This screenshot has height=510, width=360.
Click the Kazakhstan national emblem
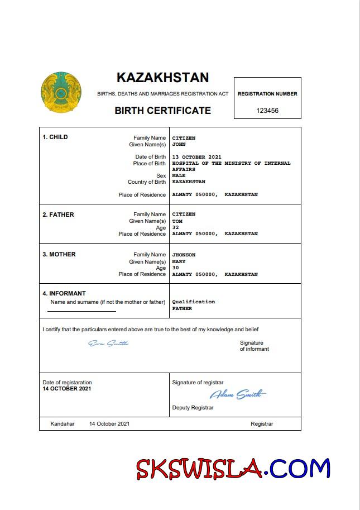coord(60,92)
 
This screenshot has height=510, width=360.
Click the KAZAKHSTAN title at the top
coord(162,77)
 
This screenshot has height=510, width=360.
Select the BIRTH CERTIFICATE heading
coord(162,111)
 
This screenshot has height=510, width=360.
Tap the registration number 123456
coord(267,111)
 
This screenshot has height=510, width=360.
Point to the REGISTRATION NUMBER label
coord(267,94)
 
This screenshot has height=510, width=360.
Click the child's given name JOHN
coord(179,144)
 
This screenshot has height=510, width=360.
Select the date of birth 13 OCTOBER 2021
coord(196,157)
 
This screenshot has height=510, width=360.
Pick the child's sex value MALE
coord(179,175)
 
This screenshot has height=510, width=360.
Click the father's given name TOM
coord(177,221)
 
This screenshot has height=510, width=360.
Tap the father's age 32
coord(175,227)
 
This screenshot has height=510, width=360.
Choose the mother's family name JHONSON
coord(184,255)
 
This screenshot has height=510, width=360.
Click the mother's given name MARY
coord(179,261)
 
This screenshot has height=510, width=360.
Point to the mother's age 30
coord(175,268)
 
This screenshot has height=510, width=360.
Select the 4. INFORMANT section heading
coord(64,293)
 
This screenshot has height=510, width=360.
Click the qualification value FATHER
coord(182,308)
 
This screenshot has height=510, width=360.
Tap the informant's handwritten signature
coord(108,343)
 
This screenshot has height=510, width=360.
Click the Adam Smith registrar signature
coord(237,395)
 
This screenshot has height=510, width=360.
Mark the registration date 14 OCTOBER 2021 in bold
coord(67,388)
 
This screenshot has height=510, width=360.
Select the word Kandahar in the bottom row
coord(62,424)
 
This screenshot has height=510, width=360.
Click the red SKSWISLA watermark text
coord(199,469)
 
